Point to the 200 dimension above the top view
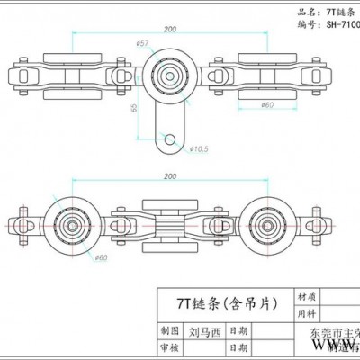[169, 30]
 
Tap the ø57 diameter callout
[141, 43]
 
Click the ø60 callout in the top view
[266, 105]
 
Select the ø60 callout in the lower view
[100, 257]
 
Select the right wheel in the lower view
[266, 225]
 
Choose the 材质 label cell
[306, 295]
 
